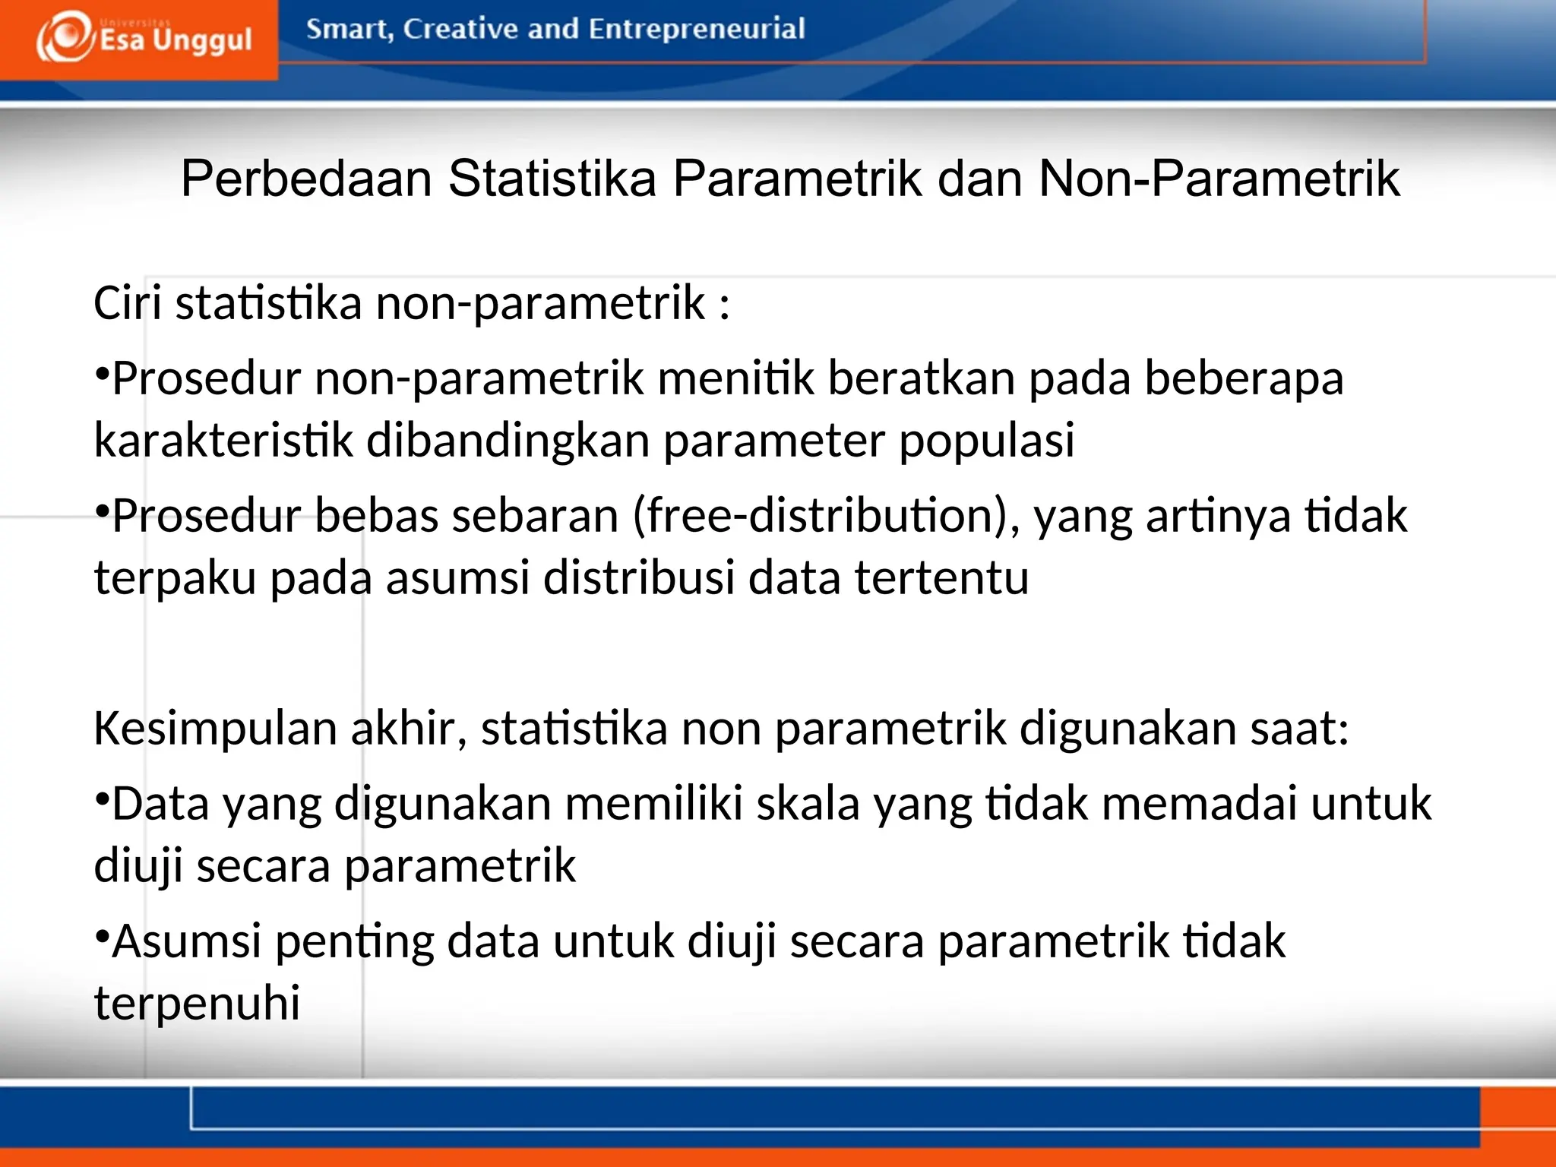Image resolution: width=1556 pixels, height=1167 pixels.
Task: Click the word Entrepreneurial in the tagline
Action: coord(696,29)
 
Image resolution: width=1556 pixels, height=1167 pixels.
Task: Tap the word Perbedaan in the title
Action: coord(306,179)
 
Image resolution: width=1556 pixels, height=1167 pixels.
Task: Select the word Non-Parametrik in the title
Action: coord(1218,179)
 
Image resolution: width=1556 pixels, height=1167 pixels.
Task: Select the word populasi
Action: coord(986,440)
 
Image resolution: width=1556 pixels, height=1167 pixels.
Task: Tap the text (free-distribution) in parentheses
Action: coord(827,516)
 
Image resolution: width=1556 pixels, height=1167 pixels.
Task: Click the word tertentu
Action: coord(941,577)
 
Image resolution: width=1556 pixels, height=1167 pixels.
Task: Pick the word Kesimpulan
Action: coord(216,729)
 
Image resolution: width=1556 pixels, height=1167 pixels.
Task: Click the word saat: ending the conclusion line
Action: coord(1299,729)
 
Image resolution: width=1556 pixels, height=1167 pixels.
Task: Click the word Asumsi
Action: coord(187,941)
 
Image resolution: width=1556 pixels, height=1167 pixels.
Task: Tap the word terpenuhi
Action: coord(198,1003)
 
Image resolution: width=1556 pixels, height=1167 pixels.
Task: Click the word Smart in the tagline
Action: coord(349,29)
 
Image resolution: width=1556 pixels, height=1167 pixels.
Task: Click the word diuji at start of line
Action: coord(138,866)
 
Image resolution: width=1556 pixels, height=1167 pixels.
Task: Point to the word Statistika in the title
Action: coord(552,179)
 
